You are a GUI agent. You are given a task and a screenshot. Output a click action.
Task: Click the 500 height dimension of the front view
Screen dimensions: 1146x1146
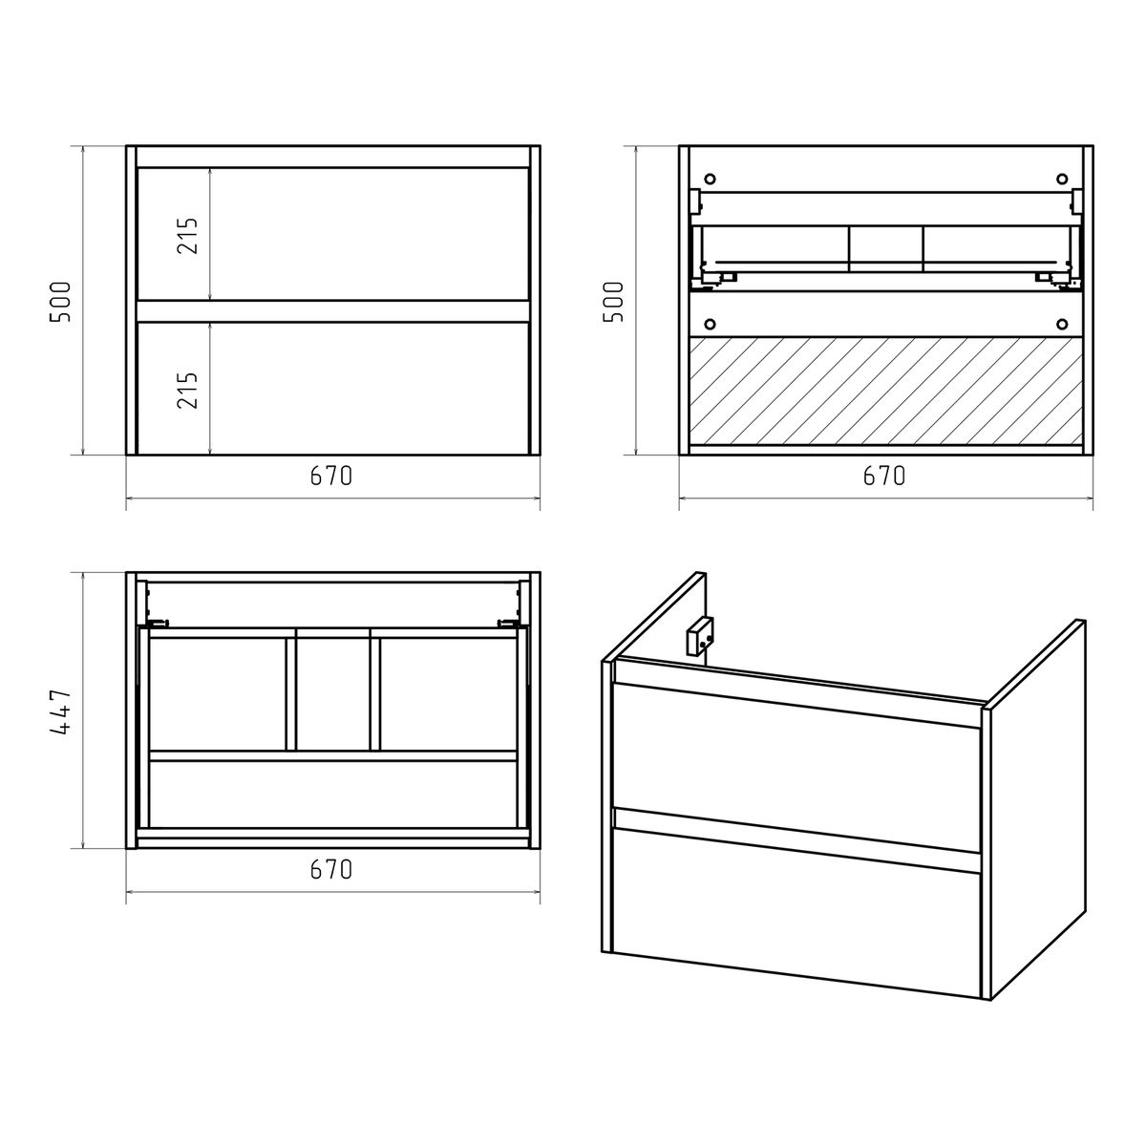coord(60,302)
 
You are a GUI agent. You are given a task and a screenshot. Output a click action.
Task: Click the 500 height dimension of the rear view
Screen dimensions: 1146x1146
coord(613,302)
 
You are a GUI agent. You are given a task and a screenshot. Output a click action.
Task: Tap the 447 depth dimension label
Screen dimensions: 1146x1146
coord(60,713)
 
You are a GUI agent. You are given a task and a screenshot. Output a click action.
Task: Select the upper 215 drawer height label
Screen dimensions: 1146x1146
coord(187,236)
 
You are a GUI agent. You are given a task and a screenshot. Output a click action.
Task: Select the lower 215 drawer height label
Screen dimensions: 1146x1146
coord(187,391)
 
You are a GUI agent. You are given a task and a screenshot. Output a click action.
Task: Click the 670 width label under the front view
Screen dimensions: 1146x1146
coord(331,476)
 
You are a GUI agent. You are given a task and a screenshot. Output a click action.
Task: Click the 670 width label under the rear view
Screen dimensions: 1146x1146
coord(884,476)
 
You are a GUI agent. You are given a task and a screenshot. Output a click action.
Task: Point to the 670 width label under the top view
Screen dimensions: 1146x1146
coord(331,869)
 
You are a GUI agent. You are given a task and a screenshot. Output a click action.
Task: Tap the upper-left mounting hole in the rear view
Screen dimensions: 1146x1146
coord(710,179)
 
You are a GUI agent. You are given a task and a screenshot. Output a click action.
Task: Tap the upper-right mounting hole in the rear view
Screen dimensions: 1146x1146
coord(1062,179)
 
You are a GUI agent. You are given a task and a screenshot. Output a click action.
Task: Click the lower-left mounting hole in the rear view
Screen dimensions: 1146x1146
coord(710,324)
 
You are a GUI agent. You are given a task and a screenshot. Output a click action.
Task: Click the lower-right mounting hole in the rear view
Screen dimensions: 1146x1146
coord(1062,324)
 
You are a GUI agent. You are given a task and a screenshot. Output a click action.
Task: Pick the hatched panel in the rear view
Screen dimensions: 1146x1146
coord(885,391)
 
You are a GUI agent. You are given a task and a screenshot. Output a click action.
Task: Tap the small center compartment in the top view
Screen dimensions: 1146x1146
coord(332,694)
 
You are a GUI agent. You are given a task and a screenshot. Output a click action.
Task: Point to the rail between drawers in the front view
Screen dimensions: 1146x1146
coord(333,311)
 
